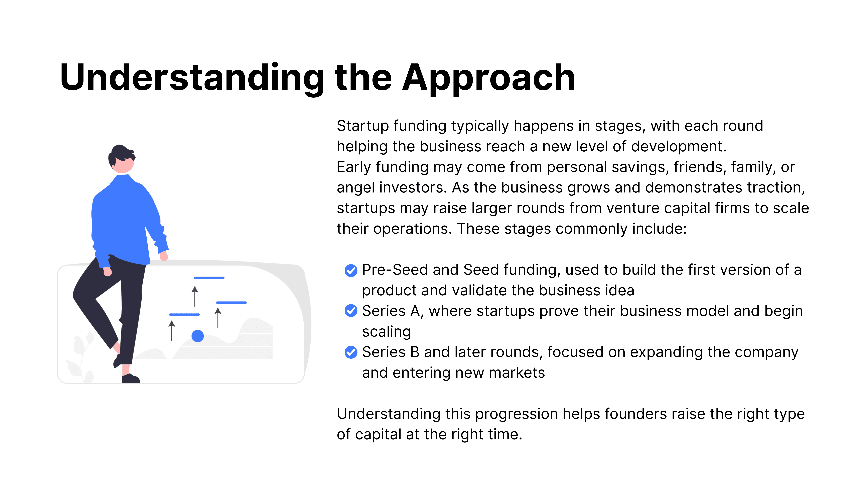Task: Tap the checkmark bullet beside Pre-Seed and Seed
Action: tap(351, 270)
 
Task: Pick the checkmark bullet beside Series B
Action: tap(351, 352)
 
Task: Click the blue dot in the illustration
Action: tap(197, 336)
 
